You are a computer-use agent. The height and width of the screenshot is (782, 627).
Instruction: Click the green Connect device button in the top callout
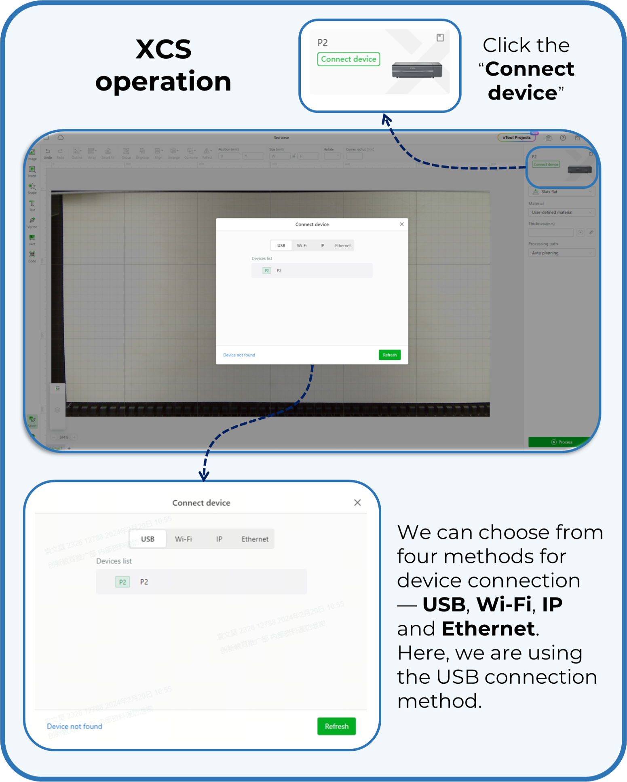348,59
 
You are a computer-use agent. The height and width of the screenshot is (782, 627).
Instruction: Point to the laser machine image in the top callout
417,70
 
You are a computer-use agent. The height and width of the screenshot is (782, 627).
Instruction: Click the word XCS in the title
163,49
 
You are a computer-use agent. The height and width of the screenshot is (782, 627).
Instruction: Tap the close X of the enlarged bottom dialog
357,503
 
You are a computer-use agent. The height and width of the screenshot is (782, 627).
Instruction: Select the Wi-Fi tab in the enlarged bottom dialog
183,539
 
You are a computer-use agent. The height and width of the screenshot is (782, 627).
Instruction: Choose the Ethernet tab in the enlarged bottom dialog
255,539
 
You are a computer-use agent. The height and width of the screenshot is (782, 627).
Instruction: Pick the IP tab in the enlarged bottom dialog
219,539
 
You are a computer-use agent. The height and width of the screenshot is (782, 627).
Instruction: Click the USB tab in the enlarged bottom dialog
148,539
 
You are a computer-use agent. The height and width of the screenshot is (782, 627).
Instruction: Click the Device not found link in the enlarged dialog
74,726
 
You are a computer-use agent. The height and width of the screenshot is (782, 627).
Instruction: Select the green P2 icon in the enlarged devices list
122,582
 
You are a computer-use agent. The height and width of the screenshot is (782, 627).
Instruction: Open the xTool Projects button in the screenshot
516,137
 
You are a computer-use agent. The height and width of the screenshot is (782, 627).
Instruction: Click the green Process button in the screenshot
562,442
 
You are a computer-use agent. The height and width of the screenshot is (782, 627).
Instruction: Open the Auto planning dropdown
561,253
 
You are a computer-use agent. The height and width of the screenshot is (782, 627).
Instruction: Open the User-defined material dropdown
561,212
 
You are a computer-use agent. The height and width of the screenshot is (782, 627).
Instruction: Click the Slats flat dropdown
561,192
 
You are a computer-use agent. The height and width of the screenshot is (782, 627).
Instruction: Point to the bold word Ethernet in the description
488,629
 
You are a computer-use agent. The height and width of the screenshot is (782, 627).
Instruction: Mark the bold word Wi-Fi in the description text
503,604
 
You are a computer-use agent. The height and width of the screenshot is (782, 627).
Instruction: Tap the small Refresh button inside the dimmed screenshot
390,355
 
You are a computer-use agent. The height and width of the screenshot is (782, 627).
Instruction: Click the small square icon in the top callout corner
440,38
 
